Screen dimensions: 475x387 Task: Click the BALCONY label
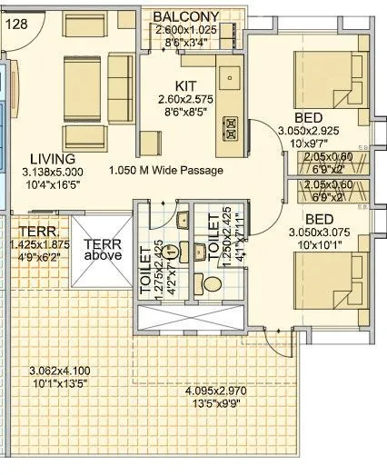click(x=185, y=16)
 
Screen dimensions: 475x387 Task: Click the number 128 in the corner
click(x=18, y=25)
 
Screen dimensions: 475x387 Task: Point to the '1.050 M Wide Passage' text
click(x=178, y=170)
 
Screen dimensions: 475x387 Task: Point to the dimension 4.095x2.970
click(x=216, y=391)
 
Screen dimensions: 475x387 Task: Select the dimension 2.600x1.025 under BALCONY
click(x=185, y=29)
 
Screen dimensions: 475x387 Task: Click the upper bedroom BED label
click(x=308, y=117)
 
